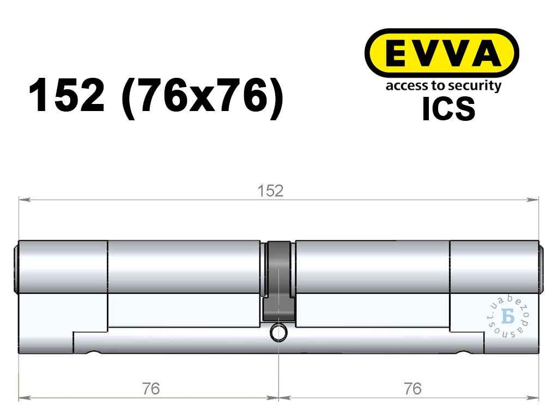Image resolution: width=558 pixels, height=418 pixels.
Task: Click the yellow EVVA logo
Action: pos(441,53)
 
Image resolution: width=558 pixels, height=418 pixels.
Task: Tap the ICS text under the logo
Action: pos(448,109)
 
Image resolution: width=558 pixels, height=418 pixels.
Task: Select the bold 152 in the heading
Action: pos(66,95)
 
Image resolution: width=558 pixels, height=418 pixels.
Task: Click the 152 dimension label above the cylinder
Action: pos(270,191)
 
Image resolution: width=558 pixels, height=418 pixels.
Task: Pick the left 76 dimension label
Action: pos(151,389)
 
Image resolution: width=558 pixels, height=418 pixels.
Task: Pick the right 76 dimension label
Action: pos(413,389)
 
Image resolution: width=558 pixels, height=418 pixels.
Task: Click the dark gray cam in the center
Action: pos(278,281)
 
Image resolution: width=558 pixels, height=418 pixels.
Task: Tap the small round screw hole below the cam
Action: pos(278,333)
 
